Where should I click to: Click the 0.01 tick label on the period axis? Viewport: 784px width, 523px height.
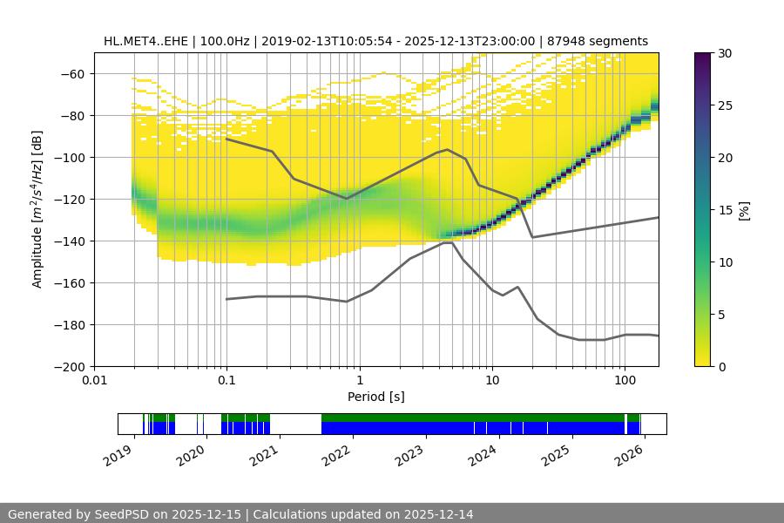(x=94, y=381)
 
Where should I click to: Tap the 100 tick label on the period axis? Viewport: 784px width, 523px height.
(x=625, y=381)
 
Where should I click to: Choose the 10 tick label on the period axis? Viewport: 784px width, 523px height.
(x=492, y=381)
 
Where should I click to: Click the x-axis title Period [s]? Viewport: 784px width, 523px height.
(x=375, y=397)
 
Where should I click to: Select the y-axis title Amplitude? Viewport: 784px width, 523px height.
(x=37, y=209)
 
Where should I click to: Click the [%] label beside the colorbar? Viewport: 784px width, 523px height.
(x=745, y=209)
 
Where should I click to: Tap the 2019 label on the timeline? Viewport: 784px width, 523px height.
(x=119, y=453)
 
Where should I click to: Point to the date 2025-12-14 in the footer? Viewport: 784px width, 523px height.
(x=433, y=514)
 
